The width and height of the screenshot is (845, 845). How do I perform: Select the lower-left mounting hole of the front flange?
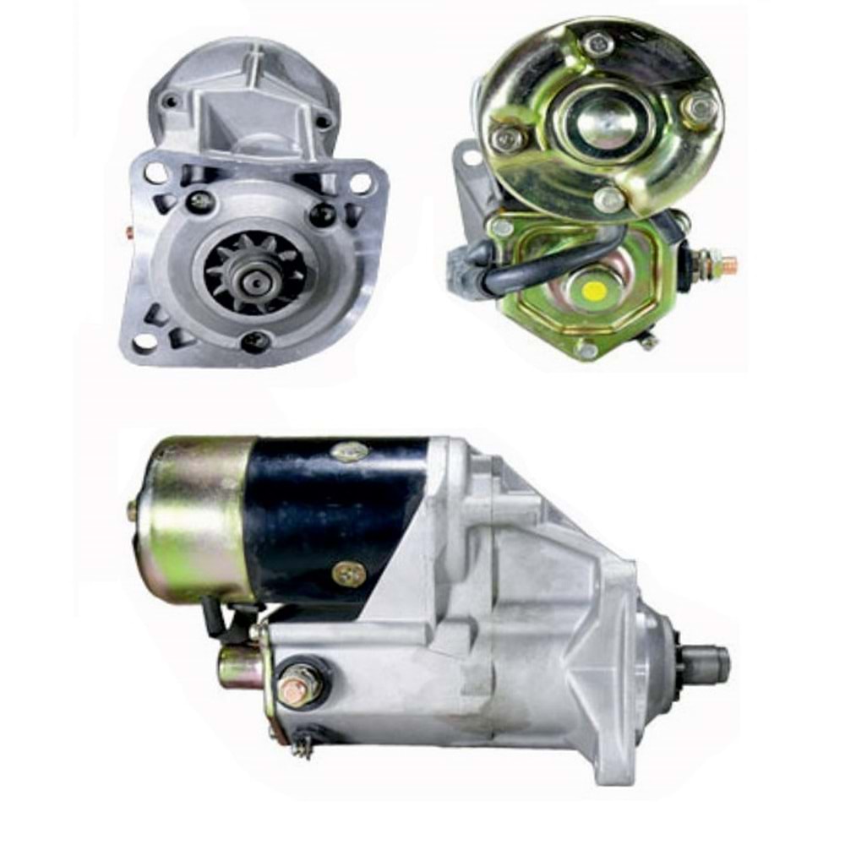click(144, 341)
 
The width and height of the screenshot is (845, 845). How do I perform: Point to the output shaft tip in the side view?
click(711, 664)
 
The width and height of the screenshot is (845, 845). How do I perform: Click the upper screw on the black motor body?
click(348, 451)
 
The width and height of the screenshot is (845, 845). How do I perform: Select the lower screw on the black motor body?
click(348, 575)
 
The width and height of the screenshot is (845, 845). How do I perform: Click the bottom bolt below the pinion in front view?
click(254, 342)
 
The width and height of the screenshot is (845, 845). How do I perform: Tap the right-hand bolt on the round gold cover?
click(699, 107)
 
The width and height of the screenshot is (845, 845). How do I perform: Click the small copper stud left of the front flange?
click(128, 230)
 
